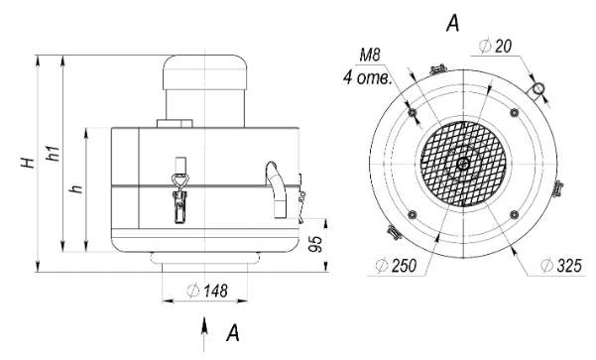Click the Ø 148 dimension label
208,291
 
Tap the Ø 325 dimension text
561,266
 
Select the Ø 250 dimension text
396,265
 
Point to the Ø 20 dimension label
496,47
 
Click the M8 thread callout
370,56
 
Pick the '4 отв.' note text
367,78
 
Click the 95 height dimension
316,244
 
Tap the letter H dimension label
29,163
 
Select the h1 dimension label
54,153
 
